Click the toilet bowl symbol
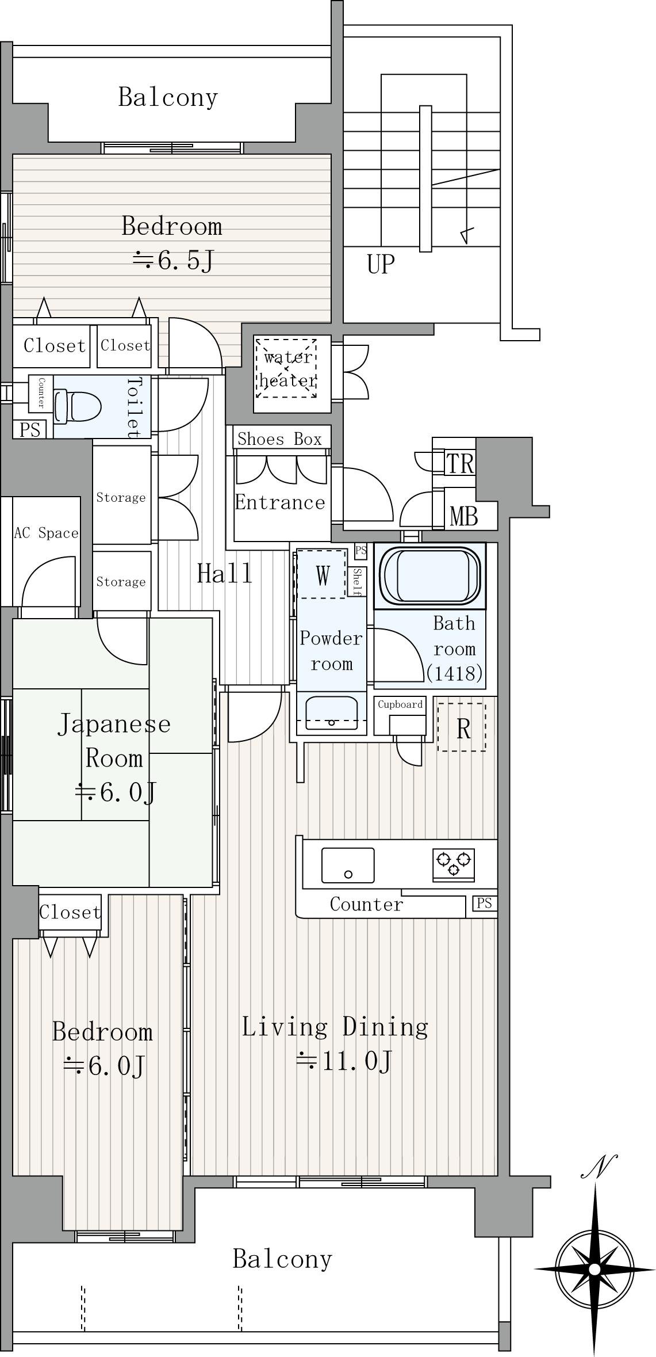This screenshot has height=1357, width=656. (77, 406)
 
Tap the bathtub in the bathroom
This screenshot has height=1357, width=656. (429, 575)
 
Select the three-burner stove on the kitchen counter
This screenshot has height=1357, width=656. (454, 864)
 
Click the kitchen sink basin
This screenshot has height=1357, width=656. (348, 865)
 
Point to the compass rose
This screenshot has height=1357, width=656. (595, 1267)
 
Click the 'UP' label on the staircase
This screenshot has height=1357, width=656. (381, 264)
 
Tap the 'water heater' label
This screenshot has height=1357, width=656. (287, 369)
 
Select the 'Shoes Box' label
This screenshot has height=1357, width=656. (279, 439)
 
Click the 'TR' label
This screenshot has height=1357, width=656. (460, 464)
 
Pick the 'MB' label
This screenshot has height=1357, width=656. (464, 516)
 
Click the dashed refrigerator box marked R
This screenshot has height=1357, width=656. (462, 727)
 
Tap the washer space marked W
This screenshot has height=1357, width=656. (322, 574)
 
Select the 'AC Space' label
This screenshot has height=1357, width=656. (46, 533)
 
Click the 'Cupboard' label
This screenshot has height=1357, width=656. (400, 704)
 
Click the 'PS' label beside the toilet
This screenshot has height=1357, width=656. (30, 429)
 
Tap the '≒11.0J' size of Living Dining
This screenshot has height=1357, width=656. (344, 1060)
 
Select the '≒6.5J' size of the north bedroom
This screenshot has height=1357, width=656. (173, 260)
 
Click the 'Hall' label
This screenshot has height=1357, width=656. (224, 574)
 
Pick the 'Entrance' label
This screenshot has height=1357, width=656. (280, 502)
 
